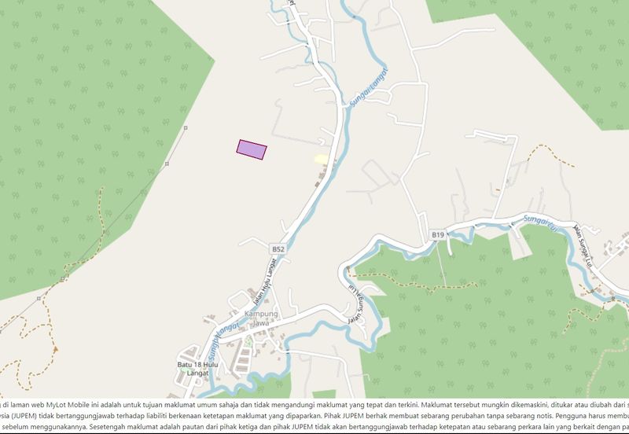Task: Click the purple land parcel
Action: pyautogui.click(x=252, y=149)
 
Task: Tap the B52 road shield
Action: pyautogui.click(x=278, y=248)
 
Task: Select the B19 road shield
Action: pyautogui.click(x=437, y=235)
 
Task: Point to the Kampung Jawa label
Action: pyautogui.click(x=263, y=318)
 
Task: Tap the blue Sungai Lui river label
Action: pyautogui.click(x=540, y=220)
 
